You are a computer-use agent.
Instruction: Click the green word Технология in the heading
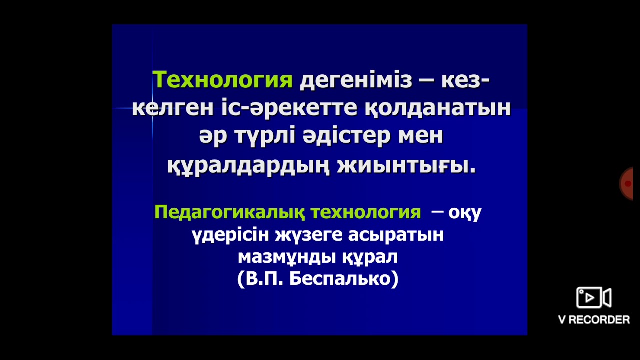[223, 80]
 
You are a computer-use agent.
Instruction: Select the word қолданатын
[437, 108]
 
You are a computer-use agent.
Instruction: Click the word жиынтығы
[406, 165]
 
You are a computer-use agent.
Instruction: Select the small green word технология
[366, 212]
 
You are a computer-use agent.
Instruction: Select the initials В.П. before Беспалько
[262, 279]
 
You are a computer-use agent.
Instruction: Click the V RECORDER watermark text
[594, 320]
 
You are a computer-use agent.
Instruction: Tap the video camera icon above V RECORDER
[594, 298]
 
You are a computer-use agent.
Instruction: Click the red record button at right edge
[627, 184]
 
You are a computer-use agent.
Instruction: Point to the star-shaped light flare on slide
[152, 108]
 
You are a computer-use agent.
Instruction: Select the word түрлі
[260, 136]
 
